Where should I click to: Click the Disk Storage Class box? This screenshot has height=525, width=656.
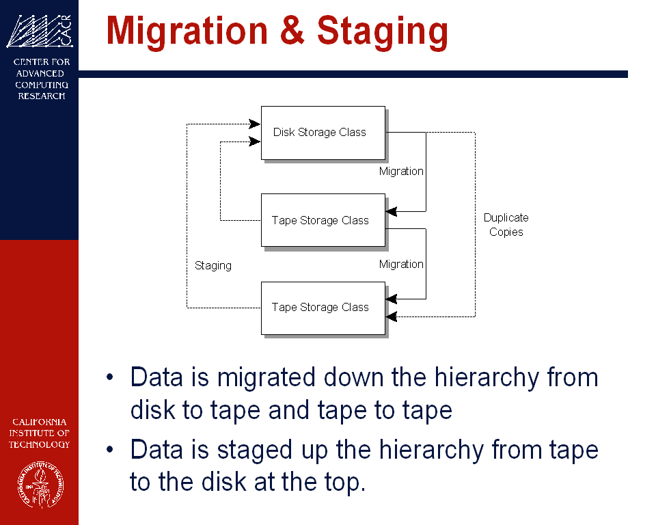click(323, 133)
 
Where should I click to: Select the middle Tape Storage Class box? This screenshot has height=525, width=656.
click(323, 220)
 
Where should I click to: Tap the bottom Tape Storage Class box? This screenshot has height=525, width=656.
click(323, 308)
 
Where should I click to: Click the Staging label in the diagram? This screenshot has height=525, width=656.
click(213, 266)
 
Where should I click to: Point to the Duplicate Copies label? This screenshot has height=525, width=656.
click(506, 225)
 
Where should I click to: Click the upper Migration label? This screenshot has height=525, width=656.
click(401, 171)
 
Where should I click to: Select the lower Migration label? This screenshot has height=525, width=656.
click(401, 264)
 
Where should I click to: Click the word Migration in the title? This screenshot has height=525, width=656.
click(187, 31)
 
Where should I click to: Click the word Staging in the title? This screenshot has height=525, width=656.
click(383, 32)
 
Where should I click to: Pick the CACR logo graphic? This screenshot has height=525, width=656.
click(40, 31)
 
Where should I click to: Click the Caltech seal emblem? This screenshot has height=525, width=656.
click(40, 485)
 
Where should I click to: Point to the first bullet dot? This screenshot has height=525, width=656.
click(109, 377)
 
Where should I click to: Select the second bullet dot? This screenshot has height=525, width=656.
click(109, 450)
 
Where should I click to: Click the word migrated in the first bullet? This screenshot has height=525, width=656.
click(266, 377)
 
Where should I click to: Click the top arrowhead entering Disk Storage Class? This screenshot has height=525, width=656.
click(255, 124)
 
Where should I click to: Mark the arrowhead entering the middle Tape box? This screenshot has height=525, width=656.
click(391, 211)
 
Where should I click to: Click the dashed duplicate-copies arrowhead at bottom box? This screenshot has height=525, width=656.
click(391, 317)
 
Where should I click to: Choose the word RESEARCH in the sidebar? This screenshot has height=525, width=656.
click(42, 96)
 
